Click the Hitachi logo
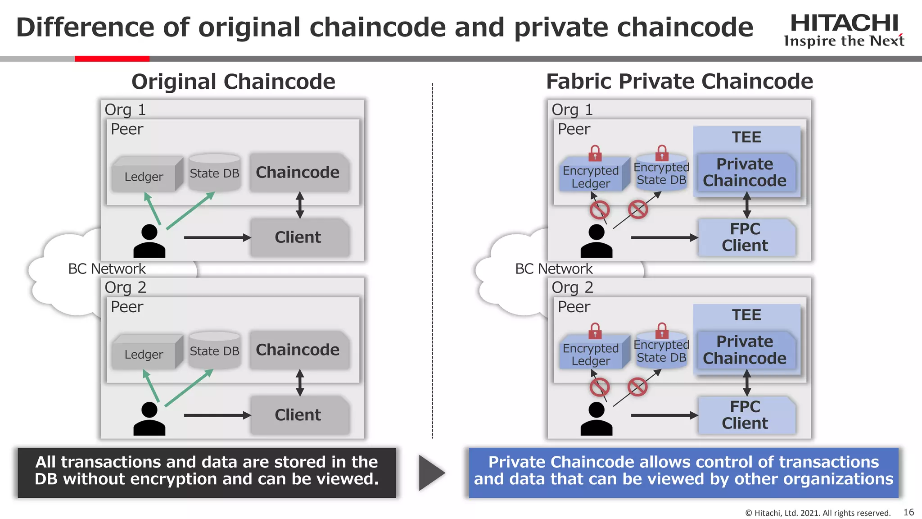[844, 30]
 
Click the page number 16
[908, 512]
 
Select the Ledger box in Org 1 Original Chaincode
[145, 176]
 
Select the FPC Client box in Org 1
[746, 237]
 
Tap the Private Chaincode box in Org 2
[745, 350]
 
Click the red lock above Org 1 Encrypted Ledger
[595, 153]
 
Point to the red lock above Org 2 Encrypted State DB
[662, 331]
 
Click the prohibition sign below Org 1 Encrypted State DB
[638, 209]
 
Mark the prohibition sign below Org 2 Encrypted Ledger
[600, 387]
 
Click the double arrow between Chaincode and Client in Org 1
[300, 205]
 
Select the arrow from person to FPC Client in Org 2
[664, 415]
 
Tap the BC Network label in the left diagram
[107, 269]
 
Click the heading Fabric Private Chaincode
[679, 82]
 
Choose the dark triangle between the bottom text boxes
[431, 473]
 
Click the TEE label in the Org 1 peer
[746, 137]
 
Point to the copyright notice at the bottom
[818, 513]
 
